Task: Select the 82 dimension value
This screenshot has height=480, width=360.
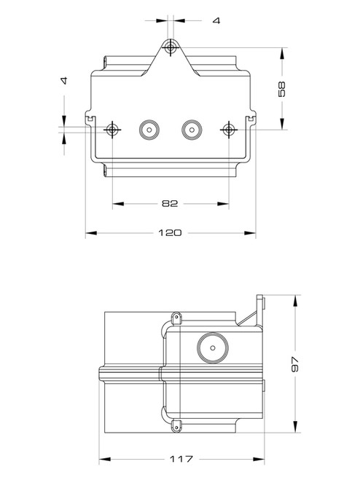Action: pos(171,203)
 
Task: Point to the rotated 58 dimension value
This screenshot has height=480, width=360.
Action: pos(283,89)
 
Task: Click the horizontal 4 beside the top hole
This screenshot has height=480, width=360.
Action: pos(216,20)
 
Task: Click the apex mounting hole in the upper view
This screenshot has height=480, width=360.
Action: pos(171,48)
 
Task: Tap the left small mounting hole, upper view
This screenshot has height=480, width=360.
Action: pos(112,129)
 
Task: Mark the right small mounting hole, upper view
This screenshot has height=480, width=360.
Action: pos(230,129)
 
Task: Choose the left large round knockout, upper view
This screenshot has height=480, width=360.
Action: pos(149,129)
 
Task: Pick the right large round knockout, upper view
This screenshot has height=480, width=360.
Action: pos(192,129)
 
